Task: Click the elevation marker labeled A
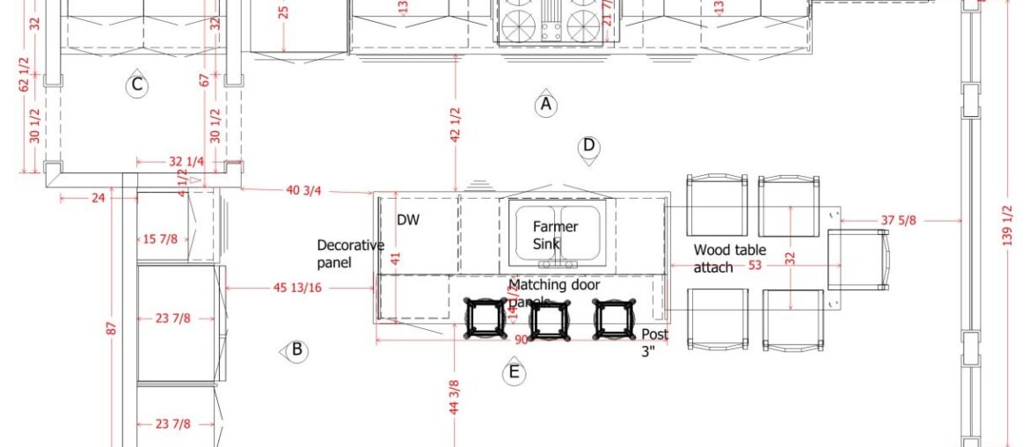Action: coord(545,105)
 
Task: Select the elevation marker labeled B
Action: coord(296,350)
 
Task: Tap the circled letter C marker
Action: coord(135,85)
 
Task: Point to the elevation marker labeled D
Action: coord(588,146)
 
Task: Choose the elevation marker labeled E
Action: coord(514,373)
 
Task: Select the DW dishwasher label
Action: coord(407,220)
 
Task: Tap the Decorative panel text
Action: coord(350,253)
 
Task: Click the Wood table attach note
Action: coord(729,258)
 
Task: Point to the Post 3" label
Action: coord(654,342)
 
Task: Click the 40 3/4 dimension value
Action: coord(304,190)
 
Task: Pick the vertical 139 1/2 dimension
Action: coord(1008,225)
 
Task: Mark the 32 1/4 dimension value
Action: coord(186,162)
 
